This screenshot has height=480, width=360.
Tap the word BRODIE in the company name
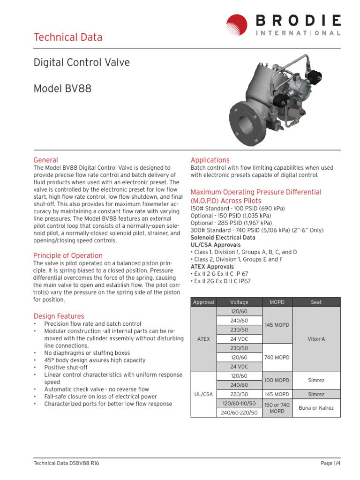(x=298, y=20)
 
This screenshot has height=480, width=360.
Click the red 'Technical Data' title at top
(x=67, y=37)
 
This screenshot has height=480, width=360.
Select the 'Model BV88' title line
(x=62, y=88)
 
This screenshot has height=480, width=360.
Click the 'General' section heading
(x=45, y=160)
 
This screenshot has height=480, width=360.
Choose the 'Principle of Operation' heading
(x=67, y=255)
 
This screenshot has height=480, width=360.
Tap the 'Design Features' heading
(x=59, y=316)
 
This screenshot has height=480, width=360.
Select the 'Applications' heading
(x=210, y=160)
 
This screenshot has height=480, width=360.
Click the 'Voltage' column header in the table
(x=240, y=302)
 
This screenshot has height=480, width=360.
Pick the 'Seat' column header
(x=316, y=302)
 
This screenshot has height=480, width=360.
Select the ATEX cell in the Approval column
(x=203, y=338)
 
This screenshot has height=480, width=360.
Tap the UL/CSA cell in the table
(x=203, y=394)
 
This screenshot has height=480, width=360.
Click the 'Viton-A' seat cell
(x=316, y=338)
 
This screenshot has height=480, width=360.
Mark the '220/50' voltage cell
(x=240, y=394)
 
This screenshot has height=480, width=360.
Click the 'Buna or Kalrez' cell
(x=316, y=408)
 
